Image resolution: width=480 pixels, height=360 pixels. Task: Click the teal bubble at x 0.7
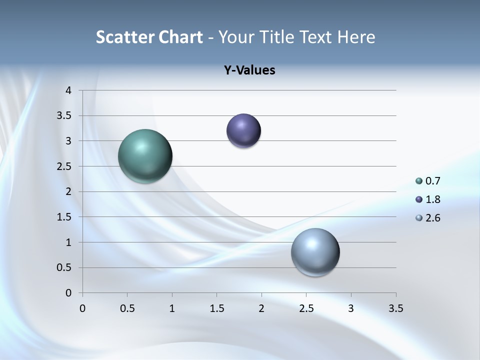145,156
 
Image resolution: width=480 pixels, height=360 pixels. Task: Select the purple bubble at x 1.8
243,130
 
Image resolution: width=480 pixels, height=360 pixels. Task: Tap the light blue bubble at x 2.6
315,252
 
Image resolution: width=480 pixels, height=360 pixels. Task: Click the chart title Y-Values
249,70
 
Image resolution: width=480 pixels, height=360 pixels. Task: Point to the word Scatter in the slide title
125,37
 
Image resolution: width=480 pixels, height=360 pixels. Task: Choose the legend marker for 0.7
419,181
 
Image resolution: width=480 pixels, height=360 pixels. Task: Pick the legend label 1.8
432,199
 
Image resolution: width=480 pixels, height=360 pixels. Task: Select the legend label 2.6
432,218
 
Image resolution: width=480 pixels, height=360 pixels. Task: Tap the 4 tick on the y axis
69,90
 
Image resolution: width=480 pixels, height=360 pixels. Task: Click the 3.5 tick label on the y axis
65,116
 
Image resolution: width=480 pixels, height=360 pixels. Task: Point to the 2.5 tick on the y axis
65,166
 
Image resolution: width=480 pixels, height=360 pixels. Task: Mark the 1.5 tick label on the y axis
65,217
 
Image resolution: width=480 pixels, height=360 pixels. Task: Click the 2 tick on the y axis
69,191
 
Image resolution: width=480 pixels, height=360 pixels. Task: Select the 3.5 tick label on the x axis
395,308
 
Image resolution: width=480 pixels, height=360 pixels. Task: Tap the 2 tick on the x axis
261,308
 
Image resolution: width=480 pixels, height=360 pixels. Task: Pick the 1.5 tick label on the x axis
216,308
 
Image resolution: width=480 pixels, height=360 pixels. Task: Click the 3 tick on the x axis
351,308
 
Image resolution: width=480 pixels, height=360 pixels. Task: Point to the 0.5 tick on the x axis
127,308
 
